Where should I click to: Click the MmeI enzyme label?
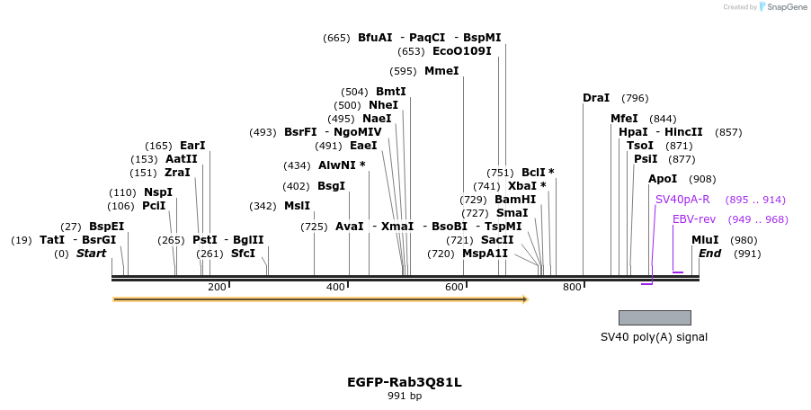(x=441, y=71)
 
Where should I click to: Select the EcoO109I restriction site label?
(x=462, y=51)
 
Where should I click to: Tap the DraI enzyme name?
(x=596, y=98)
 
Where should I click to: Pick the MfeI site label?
(x=624, y=119)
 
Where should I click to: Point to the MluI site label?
(x=705, y=240)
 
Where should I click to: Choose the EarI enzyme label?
(x=192, y=146)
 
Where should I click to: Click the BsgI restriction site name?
(x=331, y=186)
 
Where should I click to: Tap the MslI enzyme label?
(x=297, y=206)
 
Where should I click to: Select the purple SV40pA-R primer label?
(x=682, y=200)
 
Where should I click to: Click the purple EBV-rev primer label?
(x=694, y=219)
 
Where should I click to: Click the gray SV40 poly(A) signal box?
(x=655, y=317)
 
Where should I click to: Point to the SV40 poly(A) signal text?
(x=654, y=337)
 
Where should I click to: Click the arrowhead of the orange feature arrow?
(x=524, y=299)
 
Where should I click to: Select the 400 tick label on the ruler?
(x=335, y=287)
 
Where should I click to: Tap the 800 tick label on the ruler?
(x=572, y=287)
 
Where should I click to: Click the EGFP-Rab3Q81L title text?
(x=405, y=382)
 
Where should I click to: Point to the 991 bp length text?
(x=405, y=396)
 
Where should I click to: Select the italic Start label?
(x=91, y=254)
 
